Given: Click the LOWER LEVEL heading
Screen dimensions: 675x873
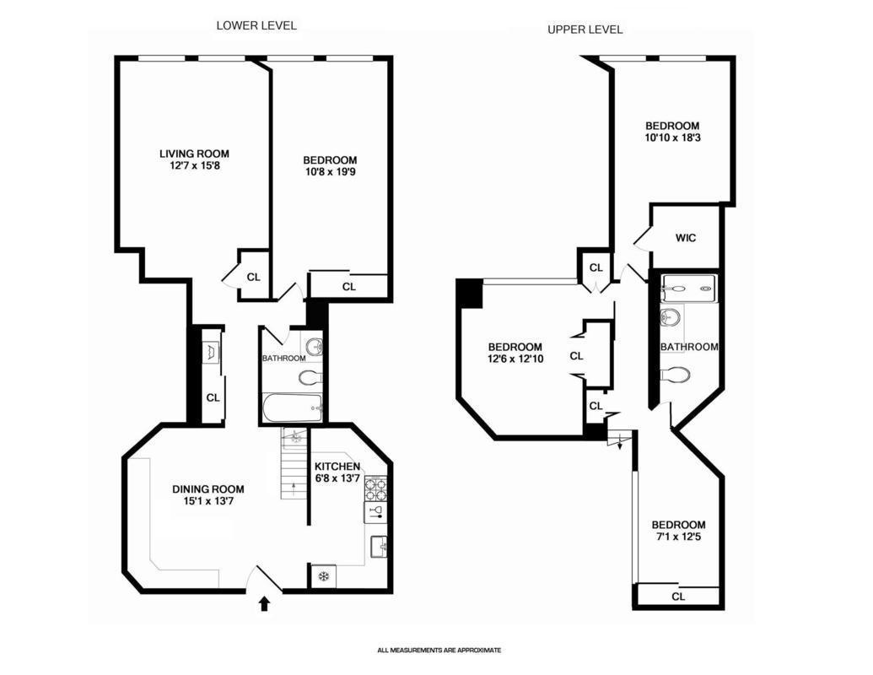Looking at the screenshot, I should [256, 25].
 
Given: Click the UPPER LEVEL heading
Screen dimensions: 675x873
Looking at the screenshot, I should [585, 30].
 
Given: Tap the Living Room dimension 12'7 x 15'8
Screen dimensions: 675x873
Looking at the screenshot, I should [194, 166].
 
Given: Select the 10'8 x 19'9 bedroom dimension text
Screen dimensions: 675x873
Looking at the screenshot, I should [329, 172].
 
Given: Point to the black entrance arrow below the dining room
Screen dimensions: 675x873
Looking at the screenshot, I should [265, 603].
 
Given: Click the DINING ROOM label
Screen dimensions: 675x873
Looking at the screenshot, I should [207, 489].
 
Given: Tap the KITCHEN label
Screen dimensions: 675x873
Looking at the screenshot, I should [337, 467].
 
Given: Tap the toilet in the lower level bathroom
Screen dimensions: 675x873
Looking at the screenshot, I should [310, 376].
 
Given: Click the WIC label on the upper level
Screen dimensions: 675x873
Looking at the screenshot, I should [686, 238].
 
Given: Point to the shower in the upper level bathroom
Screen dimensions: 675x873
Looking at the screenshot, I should [688, 289].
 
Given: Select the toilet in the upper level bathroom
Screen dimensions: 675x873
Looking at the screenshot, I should [676, 374].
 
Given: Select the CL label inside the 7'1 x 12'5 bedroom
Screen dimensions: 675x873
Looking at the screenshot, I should [678, 597].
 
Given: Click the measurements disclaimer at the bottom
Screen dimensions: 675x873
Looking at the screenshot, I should [439, 650].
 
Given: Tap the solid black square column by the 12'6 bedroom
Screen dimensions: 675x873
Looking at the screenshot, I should [468, 294].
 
